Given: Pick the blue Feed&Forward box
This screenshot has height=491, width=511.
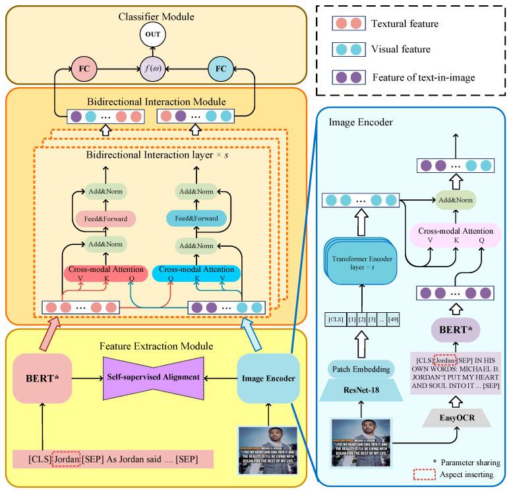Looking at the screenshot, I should (x=196, y=218).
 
